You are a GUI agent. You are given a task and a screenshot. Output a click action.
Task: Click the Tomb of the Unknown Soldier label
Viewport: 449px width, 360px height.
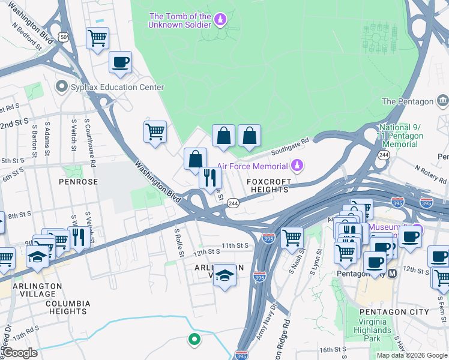pos(180,20)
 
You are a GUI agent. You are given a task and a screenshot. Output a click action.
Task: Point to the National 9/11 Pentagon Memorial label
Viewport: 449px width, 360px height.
pos(401,136)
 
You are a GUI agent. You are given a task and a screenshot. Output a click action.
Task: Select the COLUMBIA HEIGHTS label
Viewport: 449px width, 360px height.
pos(67,307)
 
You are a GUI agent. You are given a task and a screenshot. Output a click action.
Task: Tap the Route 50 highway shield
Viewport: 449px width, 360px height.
pos(64,37)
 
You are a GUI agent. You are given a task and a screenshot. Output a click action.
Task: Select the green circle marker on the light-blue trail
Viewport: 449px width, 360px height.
pos(194,340)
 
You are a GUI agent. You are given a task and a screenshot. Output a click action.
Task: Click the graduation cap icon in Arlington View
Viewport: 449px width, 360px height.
pos(225,275)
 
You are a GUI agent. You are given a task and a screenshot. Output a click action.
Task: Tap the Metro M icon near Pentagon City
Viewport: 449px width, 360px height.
pos(393,273)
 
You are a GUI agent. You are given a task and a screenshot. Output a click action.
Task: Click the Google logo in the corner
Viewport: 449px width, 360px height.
pos(20,353)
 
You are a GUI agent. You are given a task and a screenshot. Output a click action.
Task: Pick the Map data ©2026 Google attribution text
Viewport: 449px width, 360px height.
pos(412,355)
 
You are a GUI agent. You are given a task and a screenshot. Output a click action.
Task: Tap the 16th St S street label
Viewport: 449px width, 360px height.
pos(334,350)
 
